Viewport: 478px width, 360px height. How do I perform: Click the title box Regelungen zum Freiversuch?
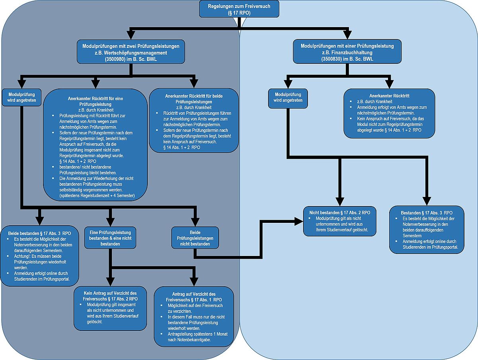(239, 9)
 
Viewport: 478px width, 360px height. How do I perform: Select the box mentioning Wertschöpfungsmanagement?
(131, 52)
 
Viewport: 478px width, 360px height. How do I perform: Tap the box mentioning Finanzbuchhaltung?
(347, 52)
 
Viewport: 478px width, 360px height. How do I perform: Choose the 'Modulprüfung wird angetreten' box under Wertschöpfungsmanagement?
(22, 97)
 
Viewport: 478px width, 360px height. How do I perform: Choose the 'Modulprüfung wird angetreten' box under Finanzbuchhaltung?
(288, 98)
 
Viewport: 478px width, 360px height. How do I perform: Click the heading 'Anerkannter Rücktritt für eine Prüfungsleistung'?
(95, 101)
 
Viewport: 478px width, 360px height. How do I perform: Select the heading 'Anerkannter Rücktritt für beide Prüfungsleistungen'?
(194, 99)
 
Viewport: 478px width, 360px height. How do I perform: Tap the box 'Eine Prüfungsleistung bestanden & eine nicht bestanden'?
(110, 238)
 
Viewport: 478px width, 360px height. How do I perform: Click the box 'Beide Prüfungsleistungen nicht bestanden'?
(195, 238)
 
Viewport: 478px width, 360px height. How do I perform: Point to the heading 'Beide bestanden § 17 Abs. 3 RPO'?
(39, 233)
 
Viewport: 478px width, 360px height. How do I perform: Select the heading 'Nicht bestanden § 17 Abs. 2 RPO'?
(340, 212)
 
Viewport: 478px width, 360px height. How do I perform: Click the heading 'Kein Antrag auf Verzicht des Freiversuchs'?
(110, 296)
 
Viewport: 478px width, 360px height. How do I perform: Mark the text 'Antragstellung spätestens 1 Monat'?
(198, 334)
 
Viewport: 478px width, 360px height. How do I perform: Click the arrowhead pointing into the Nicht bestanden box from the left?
(299, 221)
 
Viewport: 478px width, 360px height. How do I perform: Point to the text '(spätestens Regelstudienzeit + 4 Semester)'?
(97, 196)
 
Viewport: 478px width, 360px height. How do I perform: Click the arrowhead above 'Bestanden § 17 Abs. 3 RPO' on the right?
(427, 201)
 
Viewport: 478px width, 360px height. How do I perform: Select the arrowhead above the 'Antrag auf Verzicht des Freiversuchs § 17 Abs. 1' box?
(194, 281)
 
